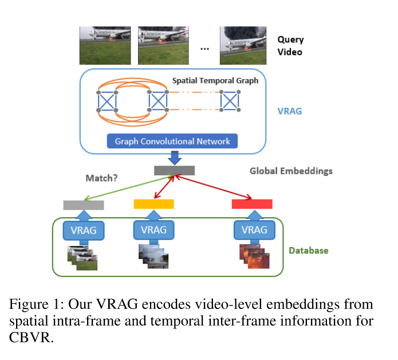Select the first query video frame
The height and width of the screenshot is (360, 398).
coord(105,45)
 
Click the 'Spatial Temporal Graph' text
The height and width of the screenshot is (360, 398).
coord(215,81)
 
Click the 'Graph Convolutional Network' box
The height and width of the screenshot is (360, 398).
coord(172,141)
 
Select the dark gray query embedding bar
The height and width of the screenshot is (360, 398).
coord(174,170)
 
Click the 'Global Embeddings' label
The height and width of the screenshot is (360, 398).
coord(291,171)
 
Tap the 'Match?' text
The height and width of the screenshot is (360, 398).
coord(101,178)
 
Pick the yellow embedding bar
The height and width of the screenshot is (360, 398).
coord(153,204)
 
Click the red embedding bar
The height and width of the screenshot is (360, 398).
coord(251,204)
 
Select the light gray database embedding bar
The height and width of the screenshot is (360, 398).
coord(83,205)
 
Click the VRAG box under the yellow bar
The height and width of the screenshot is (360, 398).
coord(153,230)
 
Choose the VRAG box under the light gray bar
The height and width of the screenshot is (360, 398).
coord(84,230)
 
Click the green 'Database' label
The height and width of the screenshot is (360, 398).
coord(308,251)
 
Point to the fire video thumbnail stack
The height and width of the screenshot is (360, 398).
coord(253,256)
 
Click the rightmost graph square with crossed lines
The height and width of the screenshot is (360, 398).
coord(230,101)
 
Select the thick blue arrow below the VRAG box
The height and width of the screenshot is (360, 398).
coord(174,157)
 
